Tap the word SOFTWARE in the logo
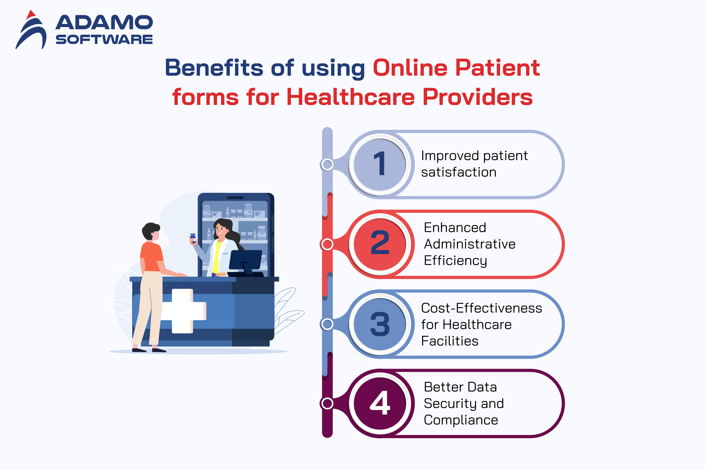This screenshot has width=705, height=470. (104, 39)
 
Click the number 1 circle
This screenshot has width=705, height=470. (380, 164)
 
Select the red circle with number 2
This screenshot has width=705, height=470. (380, 244)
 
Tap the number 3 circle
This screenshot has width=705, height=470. (380, 324)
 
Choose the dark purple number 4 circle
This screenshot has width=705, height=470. (380, 403)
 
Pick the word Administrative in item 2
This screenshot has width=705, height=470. (470, 244)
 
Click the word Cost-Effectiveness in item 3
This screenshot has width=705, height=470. (481, 308)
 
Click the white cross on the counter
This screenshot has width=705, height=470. (183, 311)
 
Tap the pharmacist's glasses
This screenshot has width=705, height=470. (221, 229)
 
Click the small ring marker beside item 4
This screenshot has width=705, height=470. (327, 403)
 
